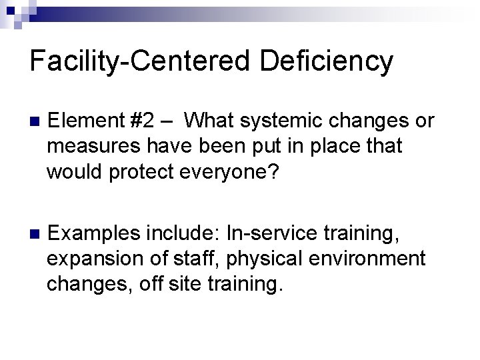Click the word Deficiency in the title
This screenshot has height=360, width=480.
(x=326, y=61)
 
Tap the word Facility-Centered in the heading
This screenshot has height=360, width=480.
(x=140, y=61)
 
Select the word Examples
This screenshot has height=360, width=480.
(x=93, y=233)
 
